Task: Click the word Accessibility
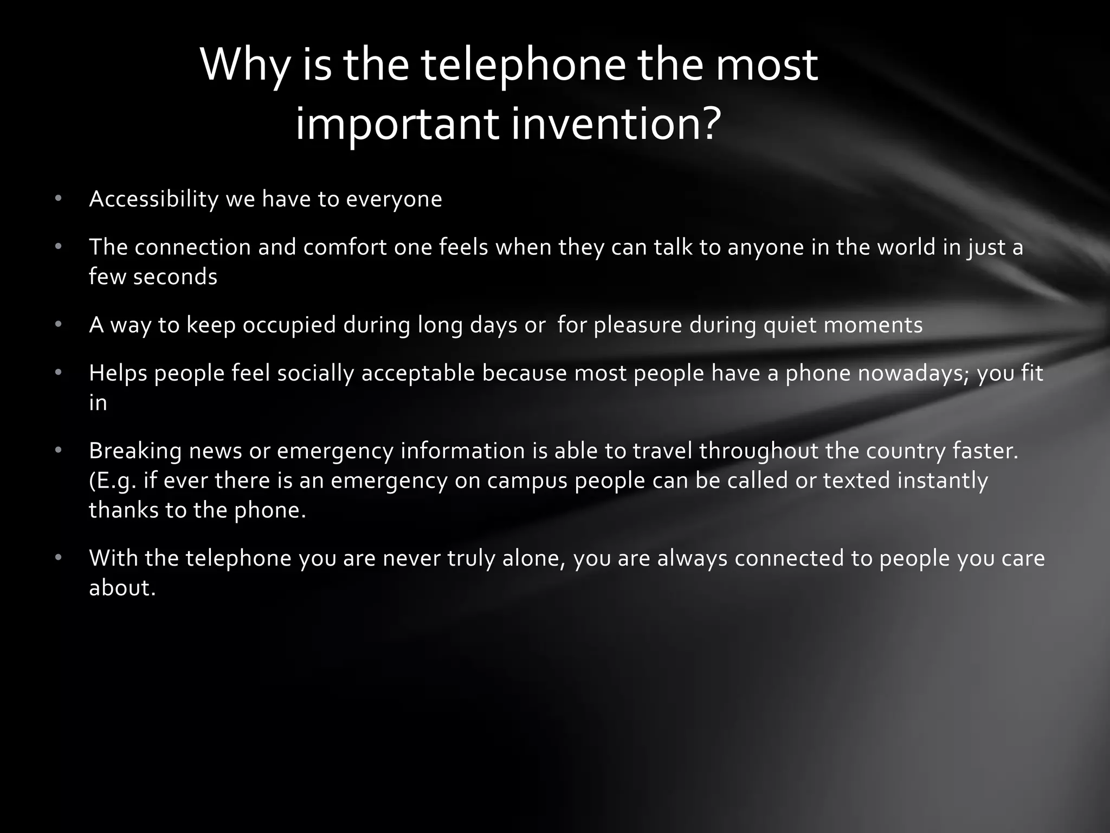pyautogui.click(x=153, y=200)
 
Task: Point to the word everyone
pyautogui.click(x=394, y=200)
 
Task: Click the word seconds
pyautogui.click(x=175, y=277)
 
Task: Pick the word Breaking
pyautogui.click(x=135, y=451)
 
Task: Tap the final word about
pyautogui.click(x=122, y=588)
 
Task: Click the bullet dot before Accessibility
pyautogui.click(x=59, y=200)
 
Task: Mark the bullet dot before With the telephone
pyautogui.click(x=59, y=559)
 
